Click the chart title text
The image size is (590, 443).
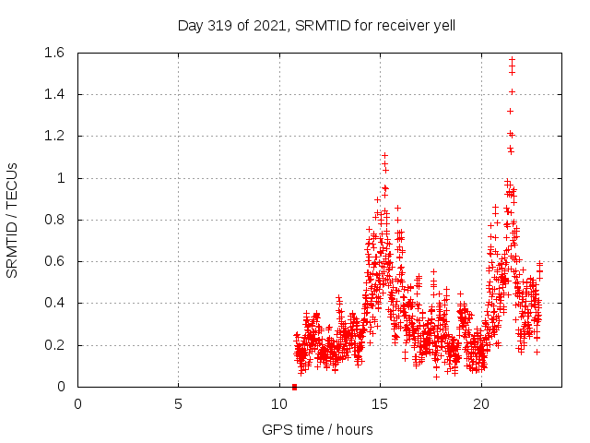click(316, 26)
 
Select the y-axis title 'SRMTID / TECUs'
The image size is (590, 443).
click(12, 220)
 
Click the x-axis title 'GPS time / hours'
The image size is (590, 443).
click(317, 429)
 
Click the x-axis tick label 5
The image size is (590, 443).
click(179, 403)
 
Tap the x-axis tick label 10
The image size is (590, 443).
click(279, 403)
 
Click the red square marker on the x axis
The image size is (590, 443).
click(294, 387)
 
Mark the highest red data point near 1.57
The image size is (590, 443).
click(512, 60)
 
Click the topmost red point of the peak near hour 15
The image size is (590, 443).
click(384, 156)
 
